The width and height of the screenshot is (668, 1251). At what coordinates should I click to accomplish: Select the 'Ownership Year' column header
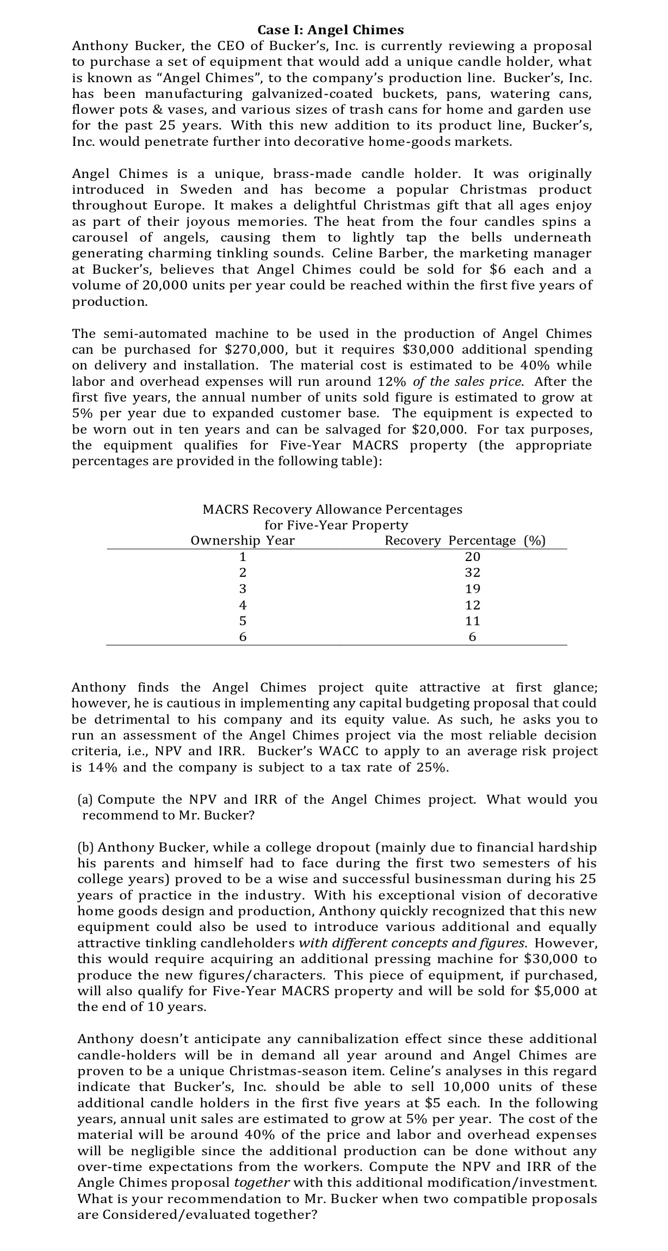coord(243,540)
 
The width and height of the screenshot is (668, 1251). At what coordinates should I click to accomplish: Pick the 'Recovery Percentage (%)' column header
coord(465,540)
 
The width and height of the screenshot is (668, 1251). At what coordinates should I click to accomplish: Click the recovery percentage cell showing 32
coord(472,572)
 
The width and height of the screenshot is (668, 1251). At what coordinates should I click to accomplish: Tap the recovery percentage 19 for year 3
coord(472,589)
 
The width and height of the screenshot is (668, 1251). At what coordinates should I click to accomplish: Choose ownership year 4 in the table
coord(243,605)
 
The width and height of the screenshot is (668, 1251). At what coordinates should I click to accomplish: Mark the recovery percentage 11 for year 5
coord(472,621)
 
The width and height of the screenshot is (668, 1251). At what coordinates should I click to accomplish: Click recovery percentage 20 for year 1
coord(472,557)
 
